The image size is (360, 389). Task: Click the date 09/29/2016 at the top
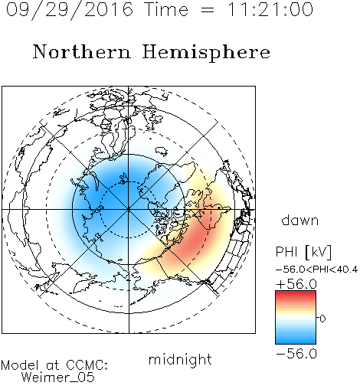tap(70, 10)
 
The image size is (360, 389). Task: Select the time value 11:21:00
tap(270, 10)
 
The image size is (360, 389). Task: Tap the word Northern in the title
tap(82, 51)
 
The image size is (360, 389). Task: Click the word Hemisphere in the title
tap(206, 53)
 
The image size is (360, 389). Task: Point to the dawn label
tap(300, 221)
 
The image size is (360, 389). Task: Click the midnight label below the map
tap(180, 359)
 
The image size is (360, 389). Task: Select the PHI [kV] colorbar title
tap(303, 252)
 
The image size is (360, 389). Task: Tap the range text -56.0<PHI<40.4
tap(316, 270)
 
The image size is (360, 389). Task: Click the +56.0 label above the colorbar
tap(296, 284)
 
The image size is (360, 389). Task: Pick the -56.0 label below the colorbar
tap(296, 354)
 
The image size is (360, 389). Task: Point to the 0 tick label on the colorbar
tap(322, 319)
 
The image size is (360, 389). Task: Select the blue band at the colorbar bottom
tap(296, 340)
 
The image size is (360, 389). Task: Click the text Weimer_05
tap(58, 378)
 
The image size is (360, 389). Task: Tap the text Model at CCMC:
tap(54, 365)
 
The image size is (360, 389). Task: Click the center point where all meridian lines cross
tap(129, 210)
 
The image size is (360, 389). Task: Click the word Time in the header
tap(166, 10)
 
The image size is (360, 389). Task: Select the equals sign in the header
tap(208, 10)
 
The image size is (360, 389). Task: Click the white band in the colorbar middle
tap(296, 319)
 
